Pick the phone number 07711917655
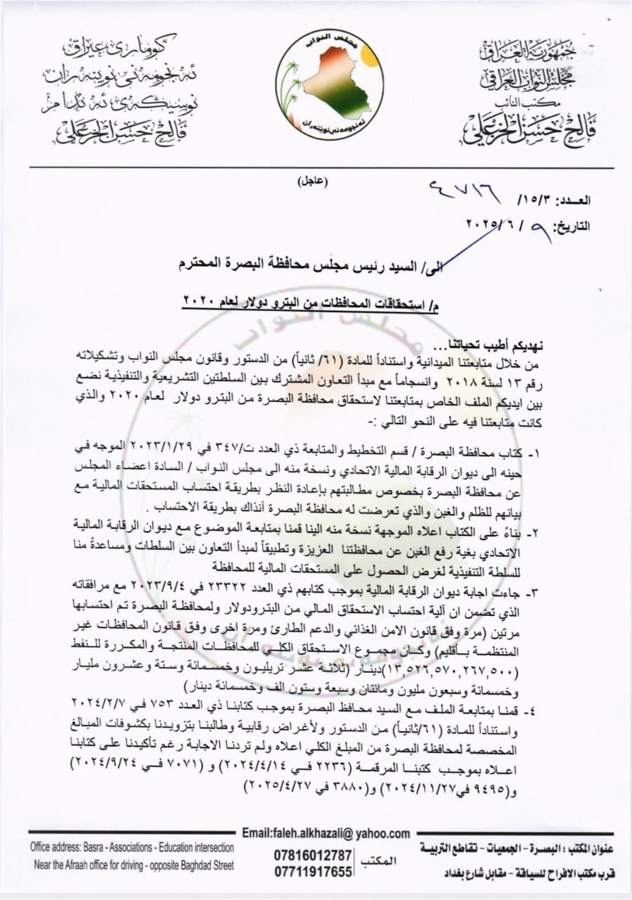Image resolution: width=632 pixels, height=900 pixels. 314,872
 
